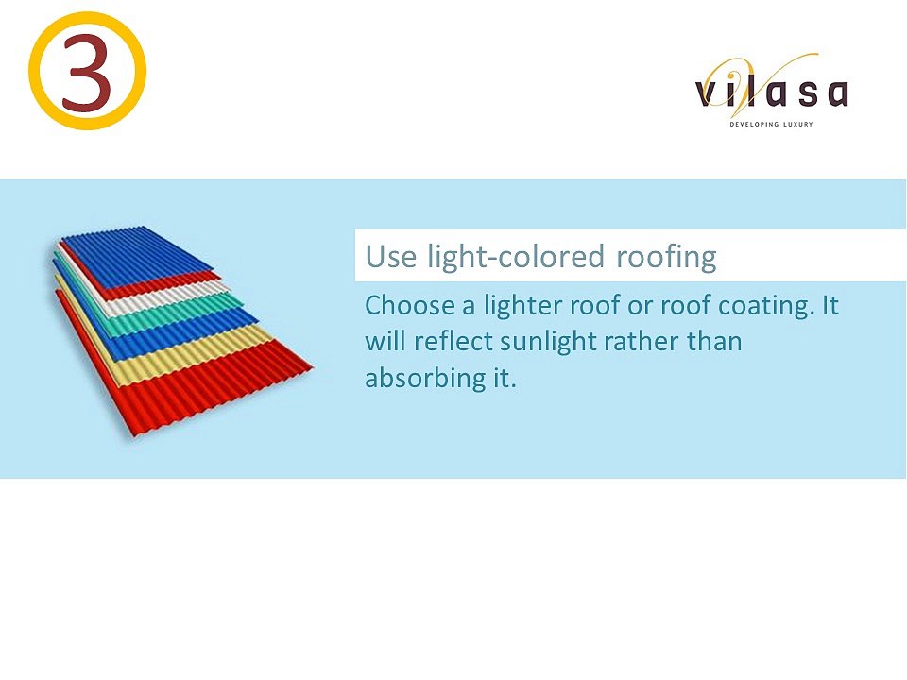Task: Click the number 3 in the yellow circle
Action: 87,73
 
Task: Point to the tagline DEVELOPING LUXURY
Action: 771,124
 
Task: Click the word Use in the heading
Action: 391,257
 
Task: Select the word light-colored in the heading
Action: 516,258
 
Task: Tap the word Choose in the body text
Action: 409,305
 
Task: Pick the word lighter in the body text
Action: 522,306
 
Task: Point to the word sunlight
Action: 548,342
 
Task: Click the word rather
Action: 641,341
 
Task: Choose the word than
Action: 714,341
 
